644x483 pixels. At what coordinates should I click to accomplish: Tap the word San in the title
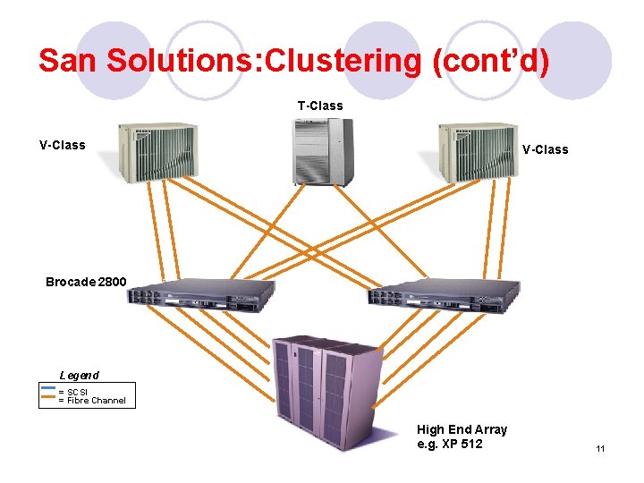(x=68, y=61)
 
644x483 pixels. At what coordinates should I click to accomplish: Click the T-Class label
(x=320, y=106)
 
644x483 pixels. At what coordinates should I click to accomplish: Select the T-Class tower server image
(x=320, y=151)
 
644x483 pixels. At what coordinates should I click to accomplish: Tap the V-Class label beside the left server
(x=63, y=145)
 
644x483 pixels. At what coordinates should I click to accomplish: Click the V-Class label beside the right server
(x=545, y=149)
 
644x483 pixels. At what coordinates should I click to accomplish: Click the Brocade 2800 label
(x=86, y=282)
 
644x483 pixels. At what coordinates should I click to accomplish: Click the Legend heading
(x=79, y=375)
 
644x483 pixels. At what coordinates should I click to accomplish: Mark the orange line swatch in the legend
(x=48, y=395)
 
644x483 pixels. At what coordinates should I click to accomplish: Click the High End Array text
(x=462, y=429)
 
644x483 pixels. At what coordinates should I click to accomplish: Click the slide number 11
(x=600, y=448)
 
